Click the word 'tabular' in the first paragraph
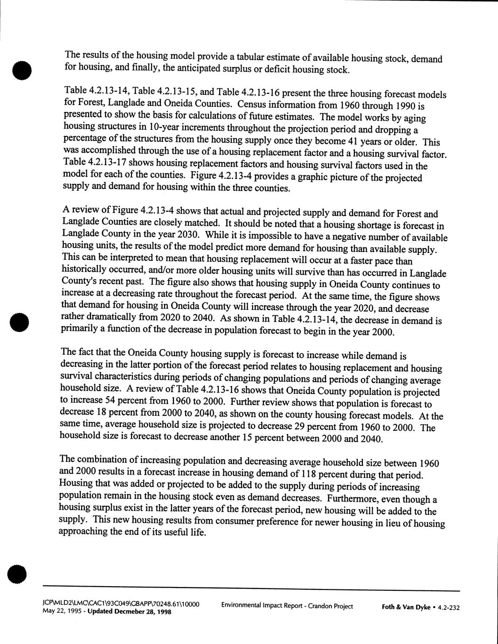coord(251,57)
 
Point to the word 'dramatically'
coord(111,317)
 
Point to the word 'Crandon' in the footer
coord(317,606)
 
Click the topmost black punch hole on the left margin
coord(21,70)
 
